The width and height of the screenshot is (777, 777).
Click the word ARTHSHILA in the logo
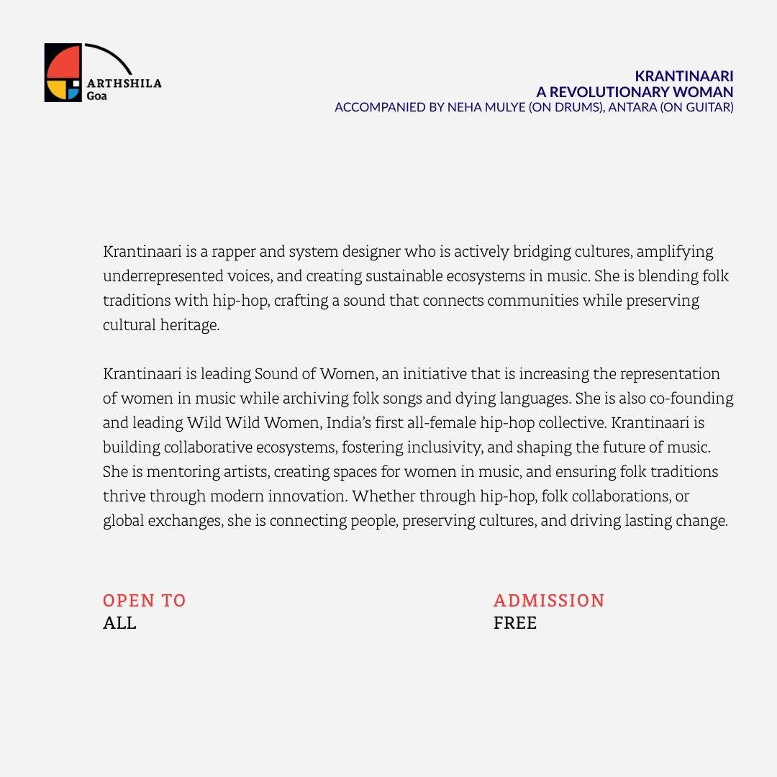coord(124,83)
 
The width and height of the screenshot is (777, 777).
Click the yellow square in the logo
coord(55,90)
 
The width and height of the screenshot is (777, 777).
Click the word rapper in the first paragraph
coord(234,252)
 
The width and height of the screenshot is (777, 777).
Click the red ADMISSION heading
coord(549,601)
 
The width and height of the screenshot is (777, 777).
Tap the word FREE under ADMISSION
coord(515,623)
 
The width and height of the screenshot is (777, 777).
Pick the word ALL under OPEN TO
coord(119,623)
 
